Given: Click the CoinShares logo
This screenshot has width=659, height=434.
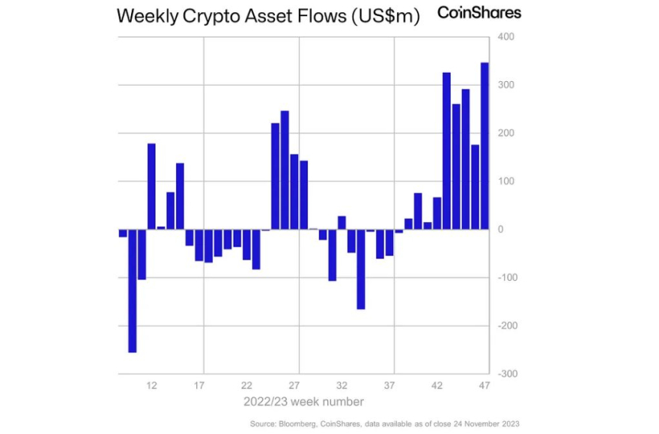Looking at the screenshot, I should [x=480, y=12].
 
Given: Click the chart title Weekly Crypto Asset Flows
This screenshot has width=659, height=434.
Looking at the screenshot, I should [x=268, y=16].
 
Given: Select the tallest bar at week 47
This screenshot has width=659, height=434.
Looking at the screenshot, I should [x=484, y=145].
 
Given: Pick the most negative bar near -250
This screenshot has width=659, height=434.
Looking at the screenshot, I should [x=133, y=291].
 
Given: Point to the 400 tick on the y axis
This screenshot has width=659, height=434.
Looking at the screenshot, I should [x=506, y=37].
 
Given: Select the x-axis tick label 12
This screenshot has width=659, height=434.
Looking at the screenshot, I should [x=152, y=385].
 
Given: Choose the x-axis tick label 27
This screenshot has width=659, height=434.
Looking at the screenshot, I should [x=294, y=385].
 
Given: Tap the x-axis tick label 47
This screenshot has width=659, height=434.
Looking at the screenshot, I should [x=484, y=385].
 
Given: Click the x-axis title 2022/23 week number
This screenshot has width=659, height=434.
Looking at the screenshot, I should [x=303, y=401].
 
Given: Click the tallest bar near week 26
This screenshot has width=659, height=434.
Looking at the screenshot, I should [x=285, y=170].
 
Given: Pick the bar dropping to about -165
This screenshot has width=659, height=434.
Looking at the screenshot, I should [x=361, y=269].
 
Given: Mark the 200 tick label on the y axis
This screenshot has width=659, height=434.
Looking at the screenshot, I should [x=506, y=133].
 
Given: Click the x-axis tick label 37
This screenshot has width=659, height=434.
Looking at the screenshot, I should [x=389, y=385].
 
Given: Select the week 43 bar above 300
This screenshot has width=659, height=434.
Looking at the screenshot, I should [x=447, y=151].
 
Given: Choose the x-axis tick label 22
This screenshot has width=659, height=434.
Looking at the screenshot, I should [x=247, y=385].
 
